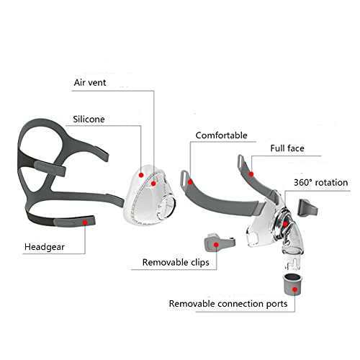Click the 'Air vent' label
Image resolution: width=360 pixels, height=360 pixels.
90,83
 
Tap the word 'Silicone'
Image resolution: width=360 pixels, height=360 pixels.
89,120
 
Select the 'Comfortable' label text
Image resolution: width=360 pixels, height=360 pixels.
221,135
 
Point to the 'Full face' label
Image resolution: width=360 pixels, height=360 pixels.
287,148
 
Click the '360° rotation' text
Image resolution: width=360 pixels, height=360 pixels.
321,183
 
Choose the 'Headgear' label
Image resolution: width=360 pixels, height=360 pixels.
45,247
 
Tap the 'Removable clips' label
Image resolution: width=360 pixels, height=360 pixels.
176,262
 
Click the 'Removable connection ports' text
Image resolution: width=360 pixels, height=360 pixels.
228,304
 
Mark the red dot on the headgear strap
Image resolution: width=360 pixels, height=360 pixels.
85,222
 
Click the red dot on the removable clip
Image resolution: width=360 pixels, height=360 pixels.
216,245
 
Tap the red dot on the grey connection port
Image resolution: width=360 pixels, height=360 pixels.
295,289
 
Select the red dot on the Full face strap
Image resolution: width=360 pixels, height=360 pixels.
251,174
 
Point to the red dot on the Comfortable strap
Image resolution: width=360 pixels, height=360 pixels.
190,182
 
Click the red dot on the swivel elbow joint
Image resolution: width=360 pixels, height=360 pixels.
285,224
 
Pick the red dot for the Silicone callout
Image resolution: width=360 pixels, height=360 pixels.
141,175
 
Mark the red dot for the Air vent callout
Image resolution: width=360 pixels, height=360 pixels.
153,184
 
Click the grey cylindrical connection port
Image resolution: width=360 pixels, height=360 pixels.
292,284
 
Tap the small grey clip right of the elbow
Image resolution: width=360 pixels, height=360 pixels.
307,208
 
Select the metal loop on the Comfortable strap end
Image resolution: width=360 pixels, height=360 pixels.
184,179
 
